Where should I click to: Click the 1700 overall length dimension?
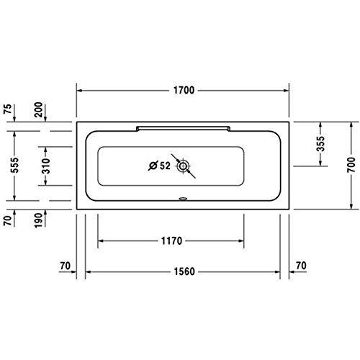[184, 91]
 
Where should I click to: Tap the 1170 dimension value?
[171, 239]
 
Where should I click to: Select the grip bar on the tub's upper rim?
[184, 126]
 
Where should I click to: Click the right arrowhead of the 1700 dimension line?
[287, 91]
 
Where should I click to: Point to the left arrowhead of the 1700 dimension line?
[81, 91]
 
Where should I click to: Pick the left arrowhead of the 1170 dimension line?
[101, 239]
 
